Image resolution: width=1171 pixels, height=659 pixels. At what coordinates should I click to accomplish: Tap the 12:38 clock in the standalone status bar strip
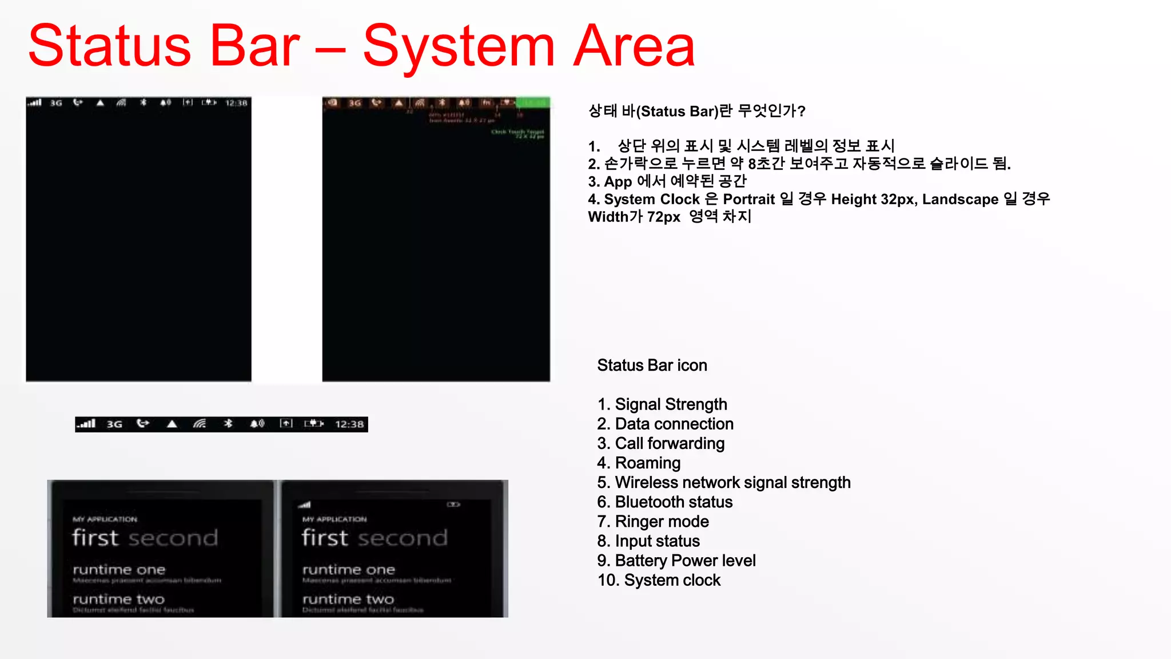click(x=349, y=424)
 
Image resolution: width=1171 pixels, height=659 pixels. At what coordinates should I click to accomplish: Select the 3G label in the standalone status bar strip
click(x=114, y=424)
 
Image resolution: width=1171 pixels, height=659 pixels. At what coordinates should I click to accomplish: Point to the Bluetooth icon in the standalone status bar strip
click(x=228, y=423)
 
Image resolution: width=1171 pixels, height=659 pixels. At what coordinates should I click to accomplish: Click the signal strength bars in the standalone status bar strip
click(x=87, y=423)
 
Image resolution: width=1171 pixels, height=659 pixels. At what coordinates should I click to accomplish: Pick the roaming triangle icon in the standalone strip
click(x=172, y=424)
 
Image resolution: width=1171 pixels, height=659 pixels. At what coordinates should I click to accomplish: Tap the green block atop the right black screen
click(x=533, y=102)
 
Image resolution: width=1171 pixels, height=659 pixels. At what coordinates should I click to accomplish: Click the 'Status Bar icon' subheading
click(x=652, y=365)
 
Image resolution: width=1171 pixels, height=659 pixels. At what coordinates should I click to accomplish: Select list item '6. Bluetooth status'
click(x=664, y=502)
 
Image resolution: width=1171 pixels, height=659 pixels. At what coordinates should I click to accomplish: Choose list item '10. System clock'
click(x=659, y=580)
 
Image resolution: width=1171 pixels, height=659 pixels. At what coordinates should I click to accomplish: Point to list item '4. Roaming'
click(x=639, y=463)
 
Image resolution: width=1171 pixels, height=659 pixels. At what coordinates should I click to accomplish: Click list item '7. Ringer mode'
click(x=653, y=521)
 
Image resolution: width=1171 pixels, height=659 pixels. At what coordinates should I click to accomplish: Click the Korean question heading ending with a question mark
click(x=696, y=110)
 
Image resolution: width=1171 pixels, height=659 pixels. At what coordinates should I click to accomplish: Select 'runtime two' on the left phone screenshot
click(x=119, y=599)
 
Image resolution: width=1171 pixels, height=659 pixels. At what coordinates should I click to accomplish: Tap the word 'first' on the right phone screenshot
click(x=325, y=538)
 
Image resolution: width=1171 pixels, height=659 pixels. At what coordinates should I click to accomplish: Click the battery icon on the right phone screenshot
click(x=453, y=505)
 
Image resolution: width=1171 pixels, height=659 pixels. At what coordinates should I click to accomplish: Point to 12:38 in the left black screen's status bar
click(x=236, y=103)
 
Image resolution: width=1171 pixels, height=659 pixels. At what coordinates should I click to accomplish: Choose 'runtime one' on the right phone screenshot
click(x=349, y=570)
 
